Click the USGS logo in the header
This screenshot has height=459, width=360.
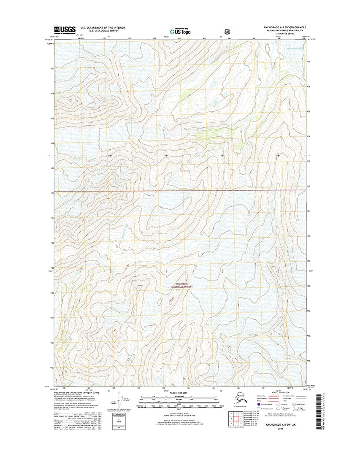[65, 30]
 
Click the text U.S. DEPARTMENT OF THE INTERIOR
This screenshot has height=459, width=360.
[103, 27]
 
